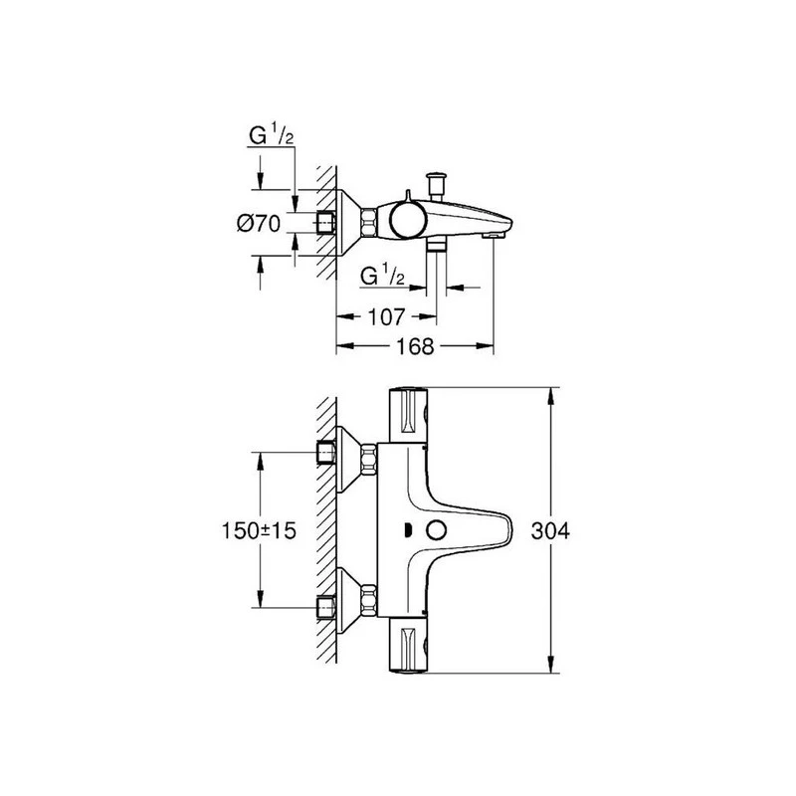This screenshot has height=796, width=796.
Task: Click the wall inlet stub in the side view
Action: (x=324, y=221)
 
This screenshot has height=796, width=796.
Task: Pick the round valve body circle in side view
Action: (x=406, y=218)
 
